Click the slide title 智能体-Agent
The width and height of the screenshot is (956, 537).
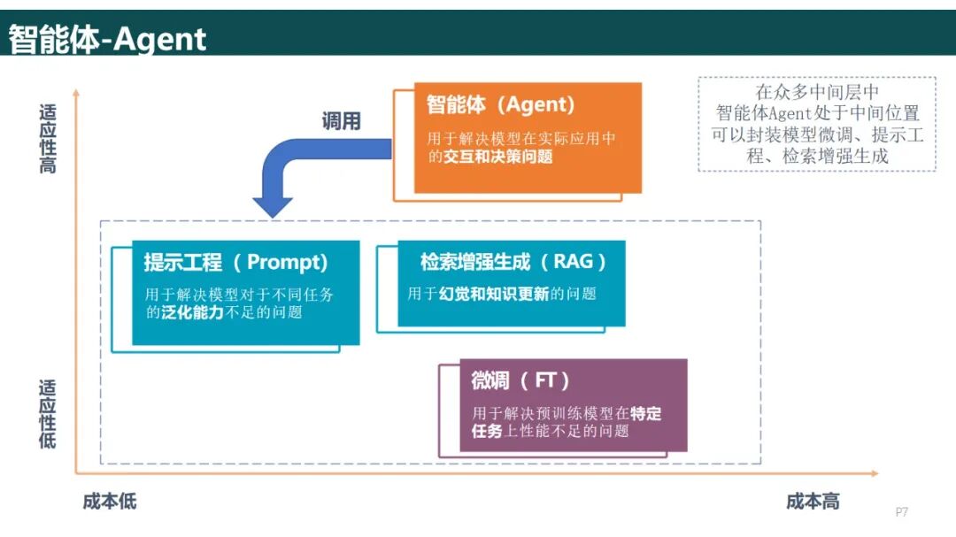(107, 39)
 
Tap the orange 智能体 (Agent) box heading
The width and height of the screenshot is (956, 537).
(500, 105)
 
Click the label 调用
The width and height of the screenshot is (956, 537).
(341, 121)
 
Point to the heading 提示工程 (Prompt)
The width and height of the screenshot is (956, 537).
(236, 263)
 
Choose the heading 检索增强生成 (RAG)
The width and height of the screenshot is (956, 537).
(513, 262)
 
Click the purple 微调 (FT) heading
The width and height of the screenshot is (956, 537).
(520, 380)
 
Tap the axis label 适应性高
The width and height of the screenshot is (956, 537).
(48, 139)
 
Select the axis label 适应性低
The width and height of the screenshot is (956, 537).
(48, 413)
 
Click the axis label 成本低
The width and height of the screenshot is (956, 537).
(110, 502)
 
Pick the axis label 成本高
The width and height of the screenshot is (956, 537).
(813, 502)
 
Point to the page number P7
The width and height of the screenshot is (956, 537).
(902, 511)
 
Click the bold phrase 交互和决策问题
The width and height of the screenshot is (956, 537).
(498, 157)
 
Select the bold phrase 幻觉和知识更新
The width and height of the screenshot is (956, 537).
(494, 294)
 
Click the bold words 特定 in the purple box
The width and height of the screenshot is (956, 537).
(647, 413)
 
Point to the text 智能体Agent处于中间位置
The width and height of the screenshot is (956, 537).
(817, 113)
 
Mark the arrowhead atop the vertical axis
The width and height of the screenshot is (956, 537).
(76, 91)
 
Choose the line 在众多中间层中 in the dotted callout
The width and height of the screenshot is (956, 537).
(817, 92)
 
